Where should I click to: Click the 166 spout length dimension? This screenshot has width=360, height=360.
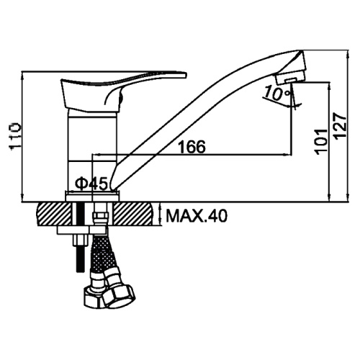coord(192,146)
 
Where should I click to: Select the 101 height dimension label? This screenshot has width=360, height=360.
coord(321,142)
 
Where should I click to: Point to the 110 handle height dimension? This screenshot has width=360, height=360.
coord(15,136)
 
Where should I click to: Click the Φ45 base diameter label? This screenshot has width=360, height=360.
coord(91,184)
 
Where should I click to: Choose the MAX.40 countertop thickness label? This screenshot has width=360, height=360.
coord(197,216)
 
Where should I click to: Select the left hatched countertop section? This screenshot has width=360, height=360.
coord(54,214)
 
